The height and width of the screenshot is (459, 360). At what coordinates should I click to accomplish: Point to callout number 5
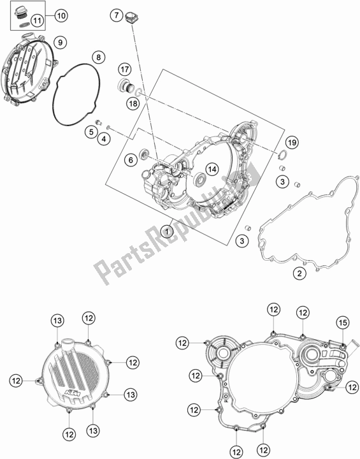(x=92, y=132)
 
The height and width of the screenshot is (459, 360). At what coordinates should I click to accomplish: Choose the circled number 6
(x=130, y=160)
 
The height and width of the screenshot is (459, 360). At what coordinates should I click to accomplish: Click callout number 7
(x=117, y=15)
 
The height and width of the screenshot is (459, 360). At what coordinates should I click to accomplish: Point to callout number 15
(x=342, y=321)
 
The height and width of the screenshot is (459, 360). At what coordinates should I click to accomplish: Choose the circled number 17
(x=125, y=68)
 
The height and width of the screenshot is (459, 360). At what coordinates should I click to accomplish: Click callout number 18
(x=133, y=103)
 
